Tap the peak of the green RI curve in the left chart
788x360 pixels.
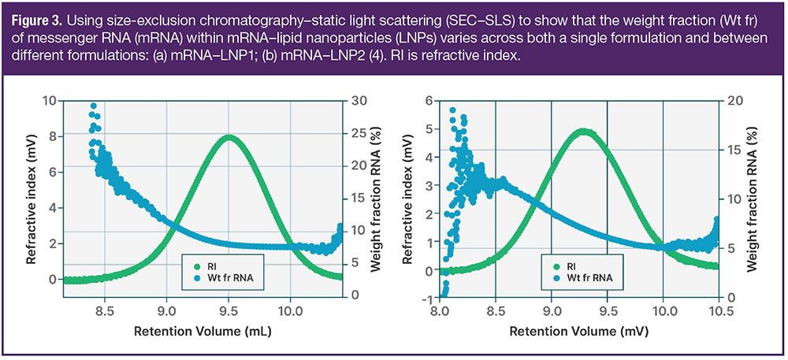pyautogui.click(x=229, y=137)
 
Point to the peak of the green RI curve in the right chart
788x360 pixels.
pyautogui.click(x=584, y=132)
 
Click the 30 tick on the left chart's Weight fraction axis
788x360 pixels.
pyautogui.click(x=357, y=100)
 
